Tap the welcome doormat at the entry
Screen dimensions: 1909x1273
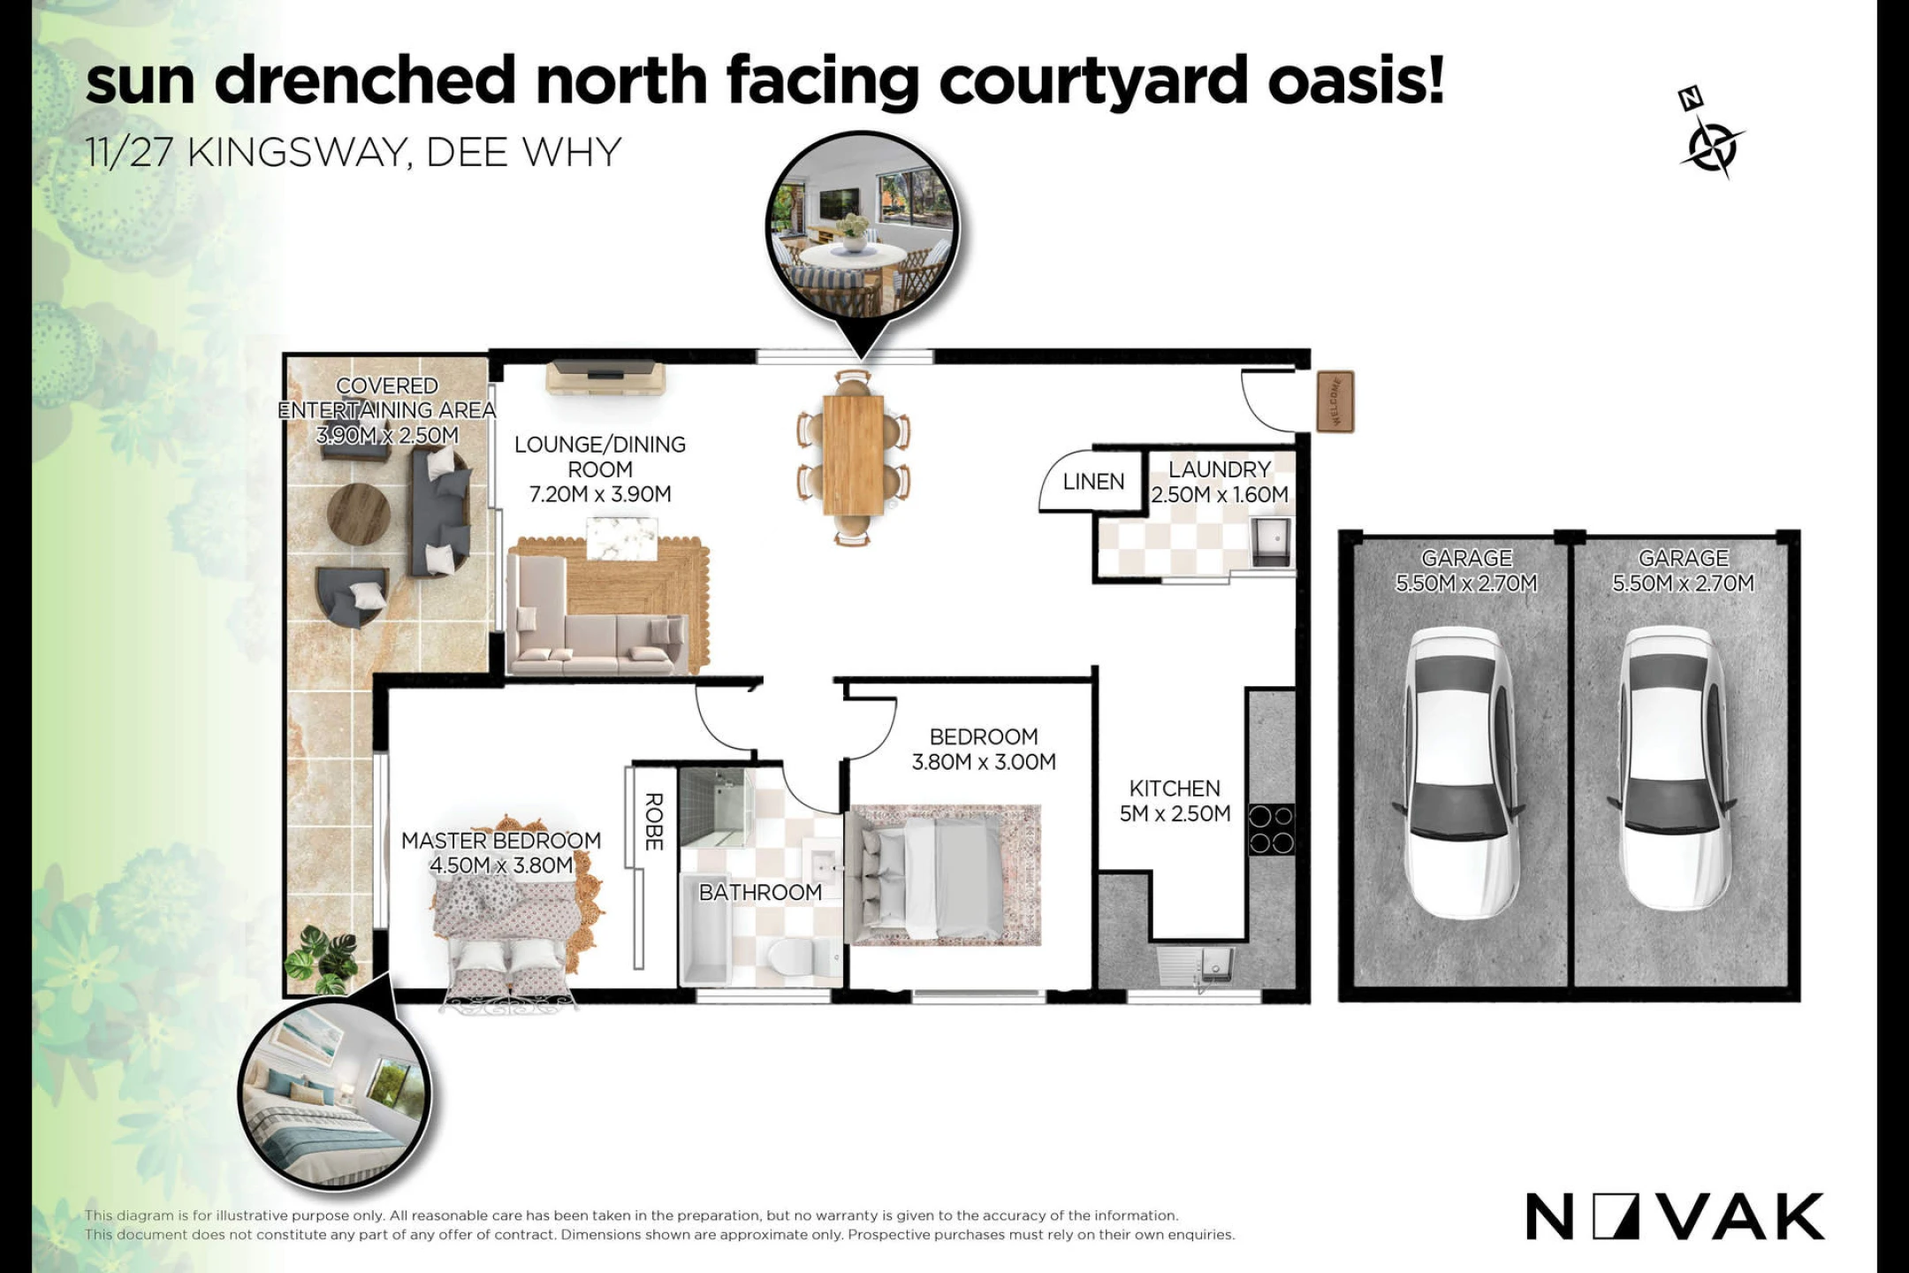pos(1335,402)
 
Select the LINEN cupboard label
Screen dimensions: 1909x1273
pos(1093,482)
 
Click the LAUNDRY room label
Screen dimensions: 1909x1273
pos(1220,469)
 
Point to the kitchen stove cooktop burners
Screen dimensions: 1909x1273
pos(1271,829)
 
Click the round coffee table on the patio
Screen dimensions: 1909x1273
pos(359,514)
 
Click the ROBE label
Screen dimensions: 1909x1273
pos(654,821)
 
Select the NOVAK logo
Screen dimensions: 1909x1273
pos(1675,1217)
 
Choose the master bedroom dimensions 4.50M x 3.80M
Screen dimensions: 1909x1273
pos(501,865)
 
